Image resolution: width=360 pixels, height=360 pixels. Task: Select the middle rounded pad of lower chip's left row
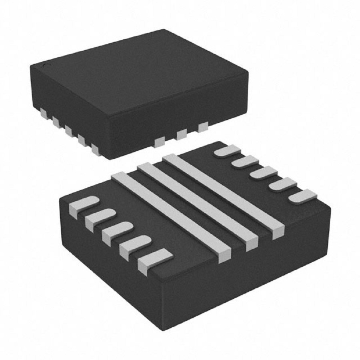[x=117, y=231]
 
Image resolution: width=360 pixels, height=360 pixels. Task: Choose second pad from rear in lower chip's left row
[x=100, y=217]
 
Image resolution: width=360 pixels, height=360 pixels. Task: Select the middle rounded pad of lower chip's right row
[x=264, y=173]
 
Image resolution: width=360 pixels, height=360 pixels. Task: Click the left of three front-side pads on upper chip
[x=159, y=141]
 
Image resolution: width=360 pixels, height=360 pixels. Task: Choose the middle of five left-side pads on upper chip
[x=69, y=130]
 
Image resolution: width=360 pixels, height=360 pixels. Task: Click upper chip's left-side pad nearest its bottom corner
[x=95, y=150]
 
